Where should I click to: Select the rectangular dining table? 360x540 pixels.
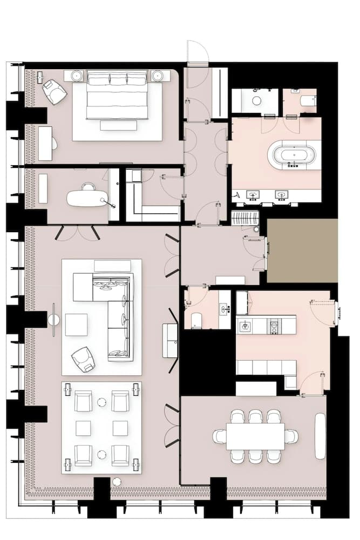pyautogui.click(x=255, y=436)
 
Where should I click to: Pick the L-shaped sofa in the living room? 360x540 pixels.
pyautogui.click(x=113, y=313)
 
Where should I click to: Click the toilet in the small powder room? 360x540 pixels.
pyautogui.click(x=197, y=320)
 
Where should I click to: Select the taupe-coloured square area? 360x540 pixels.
pyautogui.click(x=302, y=251)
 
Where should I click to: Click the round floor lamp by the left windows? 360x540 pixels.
pyautogui.click(x=54, y=320)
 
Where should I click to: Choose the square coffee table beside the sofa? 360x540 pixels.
pyautogui.click(x=77, y=325)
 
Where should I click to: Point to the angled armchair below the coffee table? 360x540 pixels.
pyautogui.click(x=83, y=359)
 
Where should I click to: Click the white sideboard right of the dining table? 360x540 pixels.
pyautogui.click(x=320, y=436)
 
